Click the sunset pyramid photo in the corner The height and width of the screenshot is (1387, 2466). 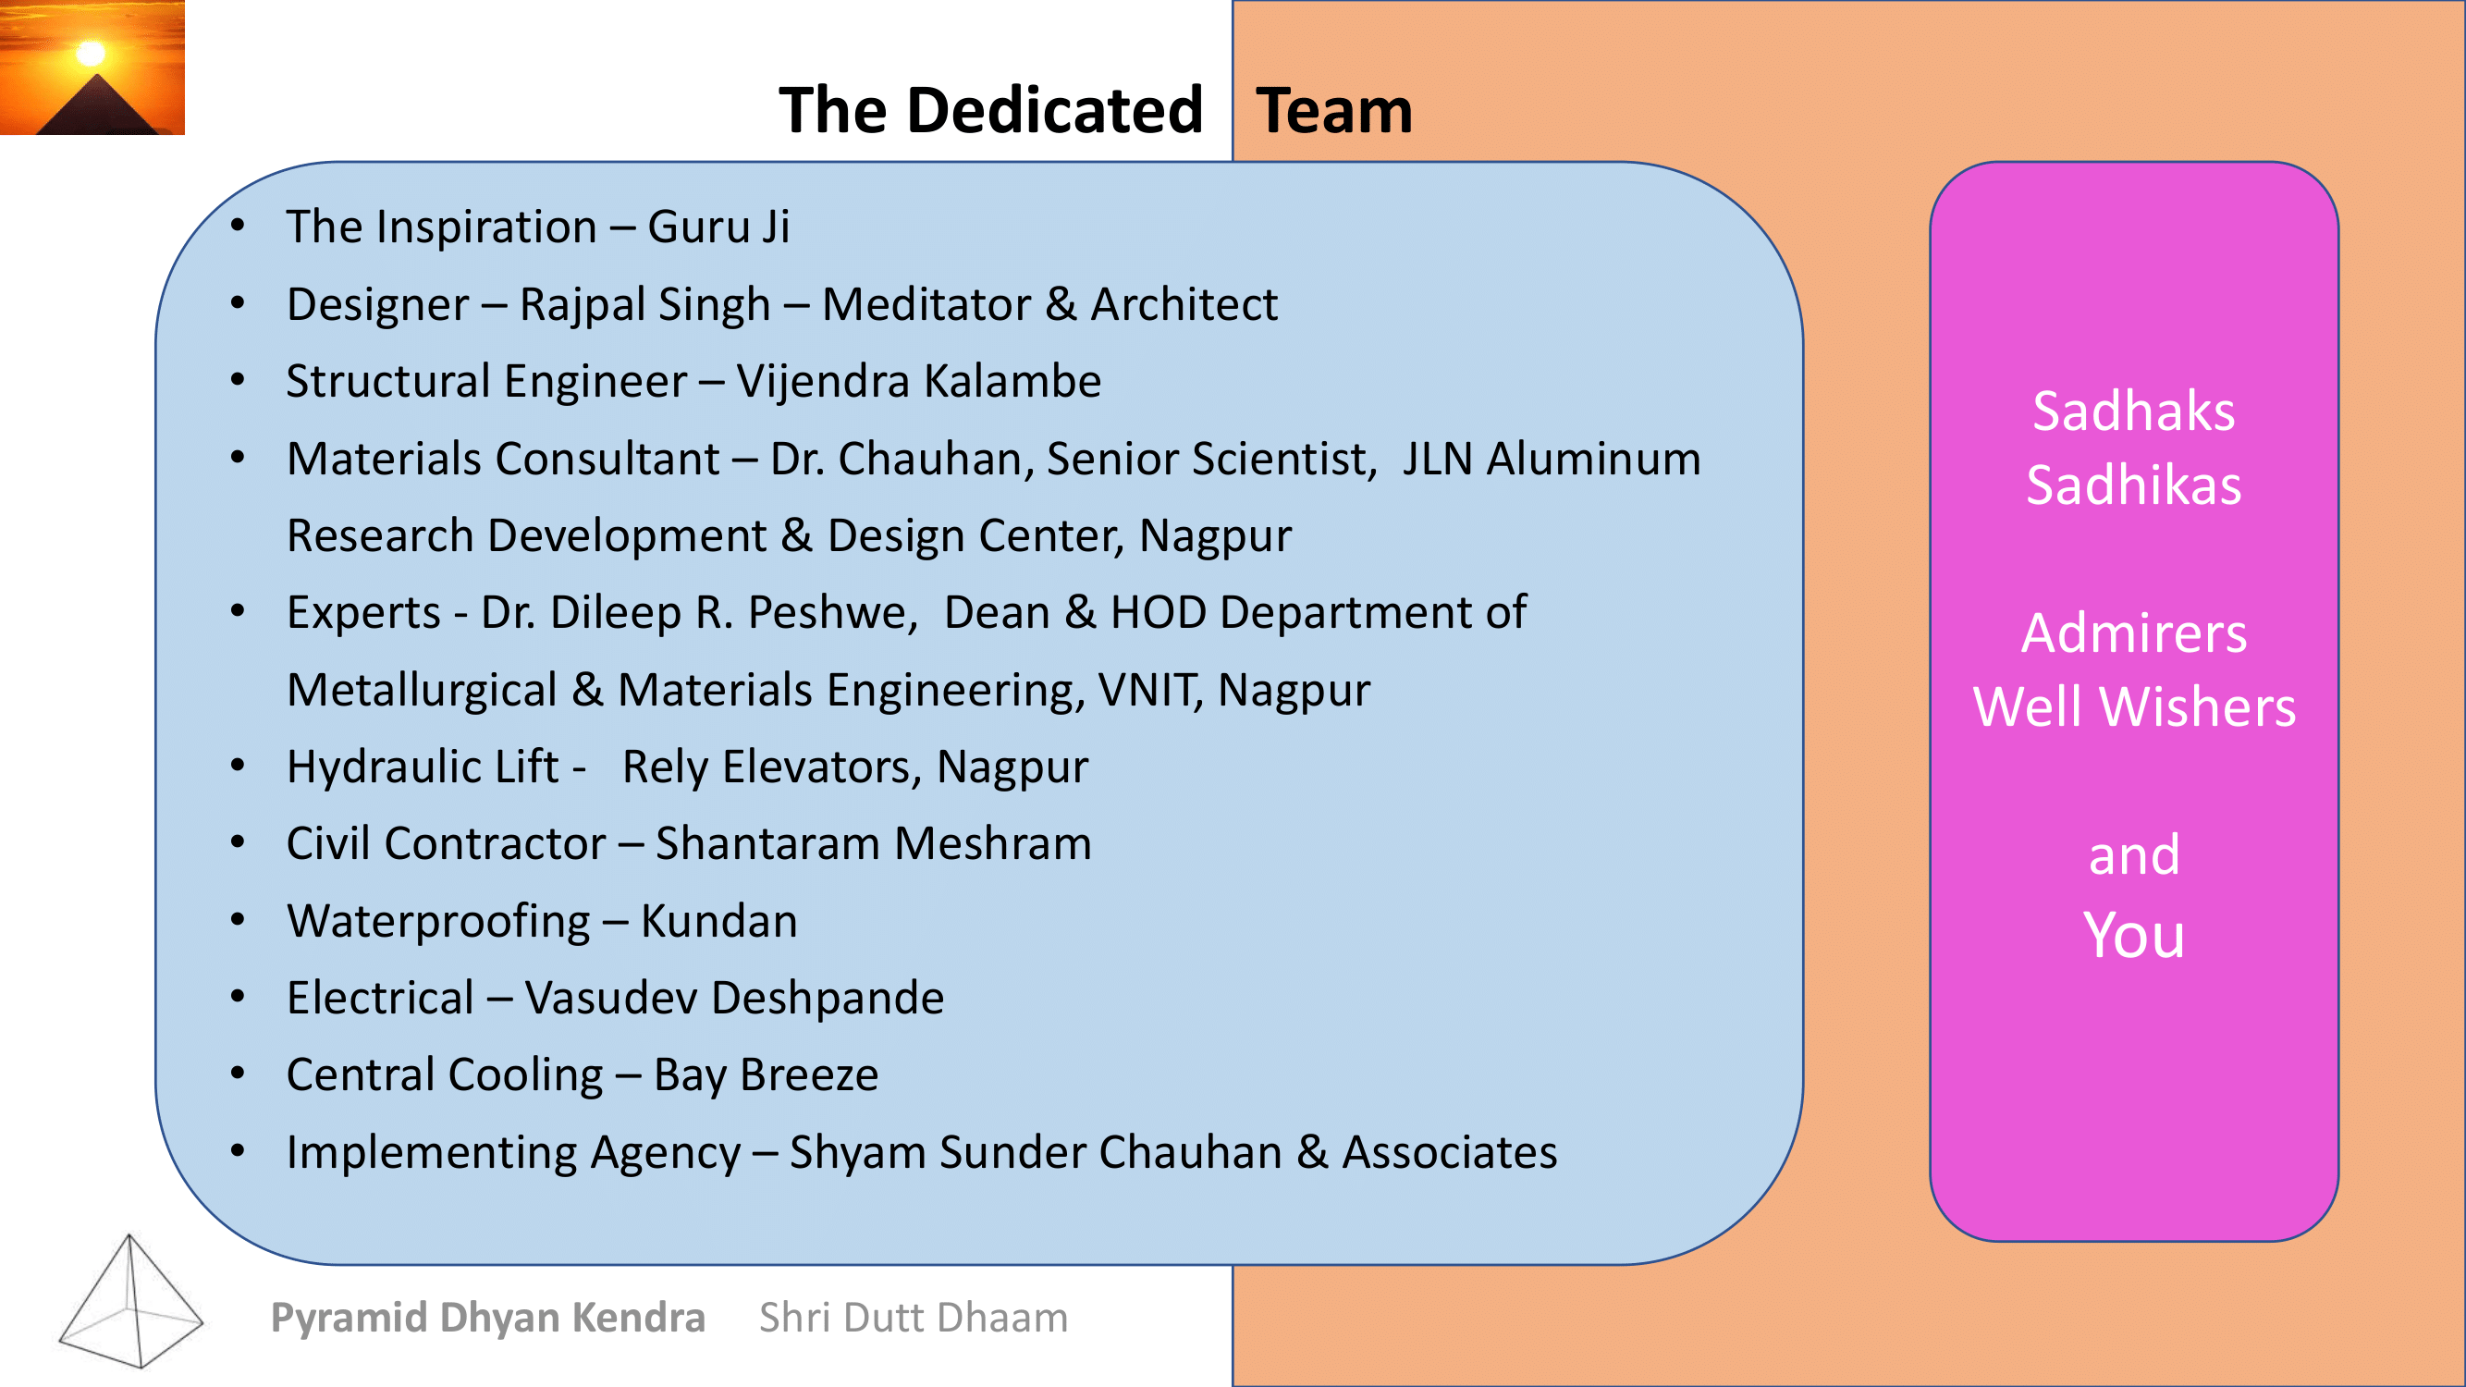point(92,67)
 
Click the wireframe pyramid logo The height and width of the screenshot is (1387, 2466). point(131,1301)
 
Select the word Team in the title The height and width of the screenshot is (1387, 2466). point(1333,110)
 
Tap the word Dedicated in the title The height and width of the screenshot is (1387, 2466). point(1055,110)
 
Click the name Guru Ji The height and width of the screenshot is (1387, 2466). point(719,227)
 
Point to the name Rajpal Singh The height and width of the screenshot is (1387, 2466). point(645,305)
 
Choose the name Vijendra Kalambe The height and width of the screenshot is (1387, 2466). point(919,381)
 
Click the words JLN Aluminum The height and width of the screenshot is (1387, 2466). point(1552,459)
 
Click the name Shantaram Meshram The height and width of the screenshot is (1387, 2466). point(873,844)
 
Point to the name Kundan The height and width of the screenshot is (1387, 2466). point(719,921)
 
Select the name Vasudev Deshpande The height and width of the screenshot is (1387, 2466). point(734,999)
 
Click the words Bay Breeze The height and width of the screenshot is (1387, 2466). point(766,1076)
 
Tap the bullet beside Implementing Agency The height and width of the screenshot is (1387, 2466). point(239,1151)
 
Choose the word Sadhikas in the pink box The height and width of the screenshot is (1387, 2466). point(2134,485)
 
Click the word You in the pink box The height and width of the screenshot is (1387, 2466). point(2134,935)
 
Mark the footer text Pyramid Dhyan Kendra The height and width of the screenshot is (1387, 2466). point(488,1318)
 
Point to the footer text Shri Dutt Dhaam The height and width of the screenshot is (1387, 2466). point(914,1318)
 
